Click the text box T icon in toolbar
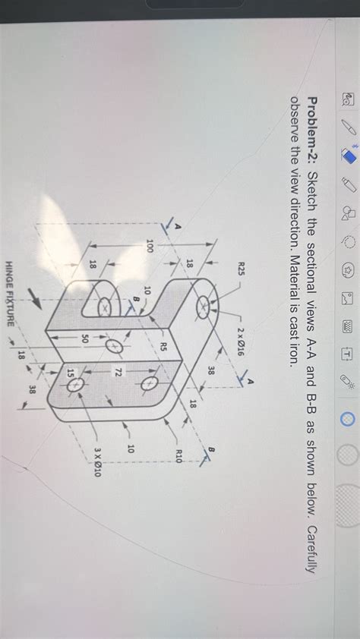coord(346,354)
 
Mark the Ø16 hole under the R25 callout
coord(204,307)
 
